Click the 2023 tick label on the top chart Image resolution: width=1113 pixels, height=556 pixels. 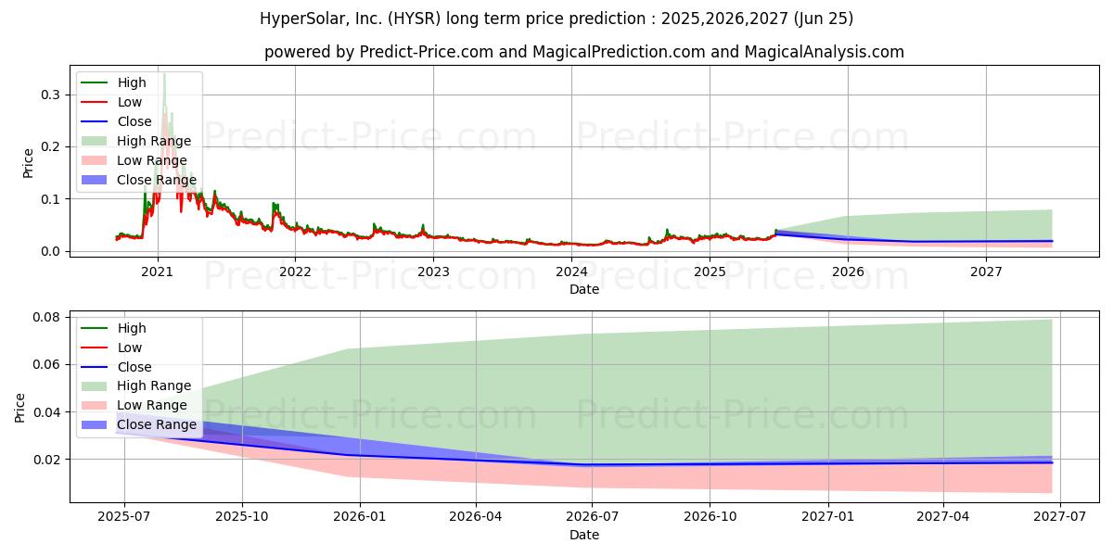[x=433, y=272]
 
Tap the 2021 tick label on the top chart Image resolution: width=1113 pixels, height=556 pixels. [x=157, y=272]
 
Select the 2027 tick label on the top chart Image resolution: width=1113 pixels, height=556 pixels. [x=986, y=272]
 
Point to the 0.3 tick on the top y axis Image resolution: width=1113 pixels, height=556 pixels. [x=50, y=95]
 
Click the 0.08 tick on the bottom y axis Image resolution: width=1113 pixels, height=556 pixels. [x=46, y=317]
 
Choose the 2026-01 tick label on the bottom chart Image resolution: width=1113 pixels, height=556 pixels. [x=360, y=516]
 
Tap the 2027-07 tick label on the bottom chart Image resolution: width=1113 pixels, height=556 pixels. [x=1060, y=516]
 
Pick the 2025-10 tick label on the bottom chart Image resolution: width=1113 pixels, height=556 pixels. [x=242, y=516]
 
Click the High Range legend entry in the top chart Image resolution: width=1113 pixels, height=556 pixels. [x=135, y=141]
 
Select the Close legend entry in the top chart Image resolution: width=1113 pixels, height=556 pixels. [x=116, y=121]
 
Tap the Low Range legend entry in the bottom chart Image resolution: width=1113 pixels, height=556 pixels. [x=134, y=405]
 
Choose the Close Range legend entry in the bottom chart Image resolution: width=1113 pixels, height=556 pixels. [x=138, y=424]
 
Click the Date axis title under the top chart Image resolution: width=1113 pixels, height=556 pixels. [x=584, y=289]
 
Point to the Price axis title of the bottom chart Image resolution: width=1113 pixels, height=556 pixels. [x=19, y=408]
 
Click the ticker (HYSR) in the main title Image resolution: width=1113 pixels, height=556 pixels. [x=414, y=19]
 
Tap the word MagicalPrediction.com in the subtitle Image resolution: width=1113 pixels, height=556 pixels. [x=620, y=52]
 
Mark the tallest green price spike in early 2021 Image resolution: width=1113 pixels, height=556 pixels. [x=164, y=74]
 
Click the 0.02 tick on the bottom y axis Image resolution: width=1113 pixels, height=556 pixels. [x=46, y=460]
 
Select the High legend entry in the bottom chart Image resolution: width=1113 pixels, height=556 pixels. [x=113, y=328]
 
